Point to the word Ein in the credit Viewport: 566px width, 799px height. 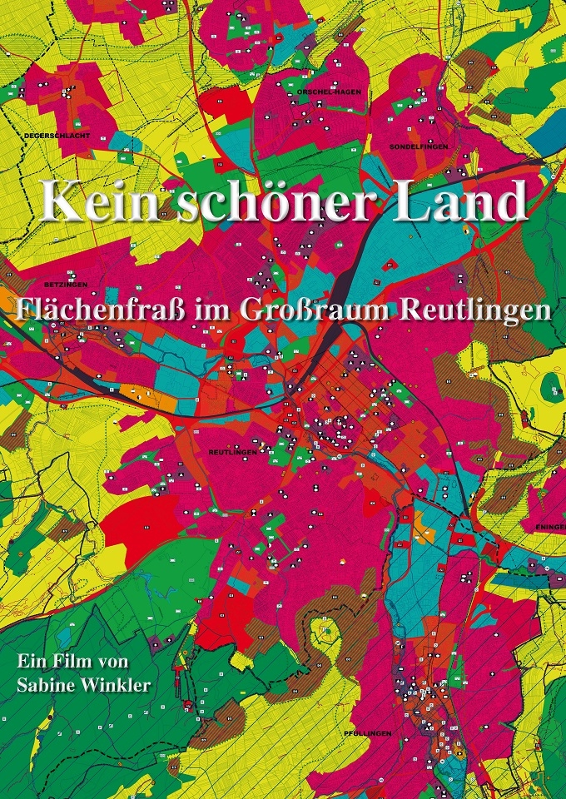31,662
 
